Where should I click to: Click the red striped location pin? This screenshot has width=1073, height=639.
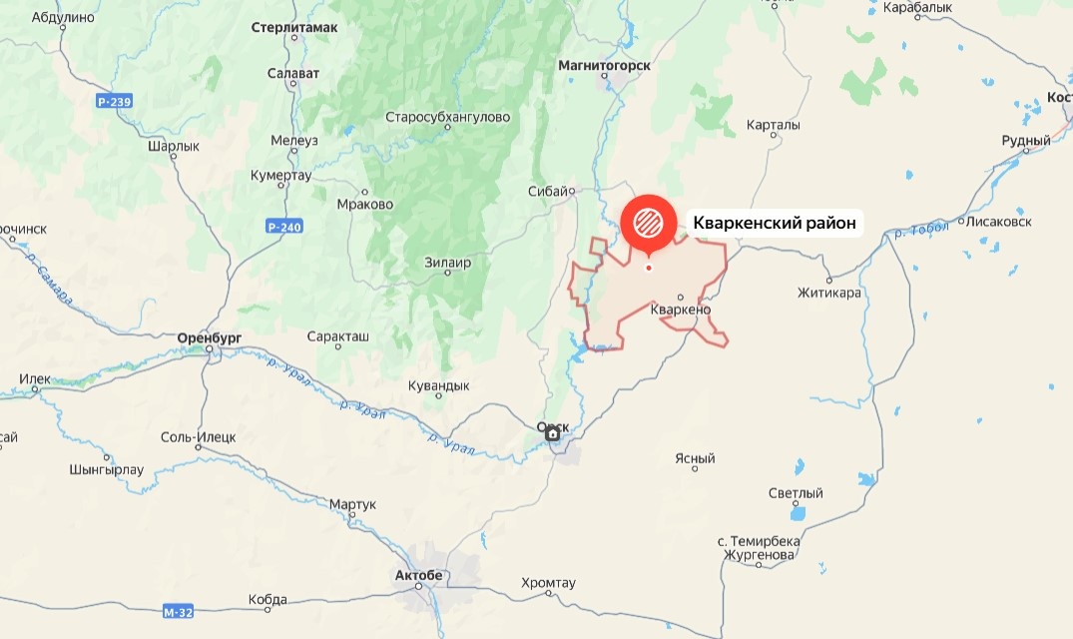click(x=649, y=220)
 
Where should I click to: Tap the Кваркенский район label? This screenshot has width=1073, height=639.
click(x=775, y=224)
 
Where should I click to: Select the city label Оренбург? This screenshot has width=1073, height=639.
click(x=210, y=338)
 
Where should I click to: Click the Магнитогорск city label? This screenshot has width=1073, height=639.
click(x=604, y=65)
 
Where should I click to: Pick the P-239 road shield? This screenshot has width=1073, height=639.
click(x=115, y=101)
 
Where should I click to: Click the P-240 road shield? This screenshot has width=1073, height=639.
click(x=284, y=227)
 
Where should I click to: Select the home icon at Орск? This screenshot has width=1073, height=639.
click(x=553, y=433)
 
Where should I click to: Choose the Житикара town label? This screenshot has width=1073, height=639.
click(x=828, y=294)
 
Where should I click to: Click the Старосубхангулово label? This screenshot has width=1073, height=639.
click(x=447, y=117)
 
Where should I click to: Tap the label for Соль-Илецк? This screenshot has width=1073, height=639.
click(x=198, y=437)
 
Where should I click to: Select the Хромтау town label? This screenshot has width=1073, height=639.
click(x=549, y=583)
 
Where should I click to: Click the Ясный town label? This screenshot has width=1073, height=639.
click(x=695, y=459)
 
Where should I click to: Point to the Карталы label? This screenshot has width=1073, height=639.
click(x=774, y=126)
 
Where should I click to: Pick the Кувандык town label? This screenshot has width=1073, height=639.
click(x=438, y=385)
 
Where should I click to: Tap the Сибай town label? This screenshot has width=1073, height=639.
click(x=549, y=191)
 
